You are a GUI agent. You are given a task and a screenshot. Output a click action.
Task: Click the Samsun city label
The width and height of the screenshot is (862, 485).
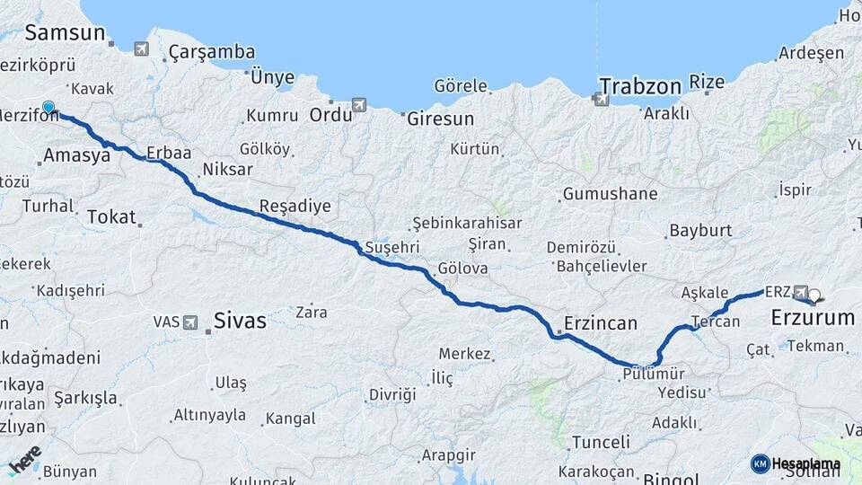pos(66,33)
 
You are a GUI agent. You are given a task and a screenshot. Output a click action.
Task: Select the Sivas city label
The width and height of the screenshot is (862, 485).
pos(240,320)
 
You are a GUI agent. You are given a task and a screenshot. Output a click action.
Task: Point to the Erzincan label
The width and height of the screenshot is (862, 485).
pos(601,322)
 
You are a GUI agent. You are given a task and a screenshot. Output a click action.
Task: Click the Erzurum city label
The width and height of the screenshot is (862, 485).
pos(813,318)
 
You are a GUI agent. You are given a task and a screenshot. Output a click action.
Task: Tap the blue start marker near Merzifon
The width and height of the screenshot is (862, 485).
pos(48,109)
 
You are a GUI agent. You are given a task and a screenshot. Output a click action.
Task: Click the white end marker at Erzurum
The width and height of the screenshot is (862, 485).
pos(814,295)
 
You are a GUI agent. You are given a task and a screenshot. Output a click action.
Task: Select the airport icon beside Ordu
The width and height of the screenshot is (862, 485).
pos(359,105)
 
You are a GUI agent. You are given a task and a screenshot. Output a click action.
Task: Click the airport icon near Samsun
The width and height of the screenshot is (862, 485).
pos(141,49)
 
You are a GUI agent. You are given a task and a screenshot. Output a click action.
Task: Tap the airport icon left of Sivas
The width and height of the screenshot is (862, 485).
pos(190,322)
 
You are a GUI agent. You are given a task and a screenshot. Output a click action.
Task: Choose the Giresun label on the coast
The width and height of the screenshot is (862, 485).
pos(440,119)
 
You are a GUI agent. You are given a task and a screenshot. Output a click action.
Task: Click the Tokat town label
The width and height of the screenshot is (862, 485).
pos(112,216)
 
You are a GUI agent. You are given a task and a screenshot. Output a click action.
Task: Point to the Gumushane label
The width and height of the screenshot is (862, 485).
pos(610,194)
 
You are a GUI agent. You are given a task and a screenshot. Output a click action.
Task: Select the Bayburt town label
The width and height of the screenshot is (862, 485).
pos(700,231)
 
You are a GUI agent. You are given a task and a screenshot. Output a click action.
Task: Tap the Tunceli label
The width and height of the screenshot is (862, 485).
pos(600,442)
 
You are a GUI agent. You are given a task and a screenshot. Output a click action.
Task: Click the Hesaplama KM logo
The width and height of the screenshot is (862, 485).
pos(796,463)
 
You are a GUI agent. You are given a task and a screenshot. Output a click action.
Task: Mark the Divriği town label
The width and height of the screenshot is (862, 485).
pos(392,395)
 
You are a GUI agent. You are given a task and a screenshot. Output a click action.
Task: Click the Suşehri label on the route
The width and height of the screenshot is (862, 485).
pos(391,247)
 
